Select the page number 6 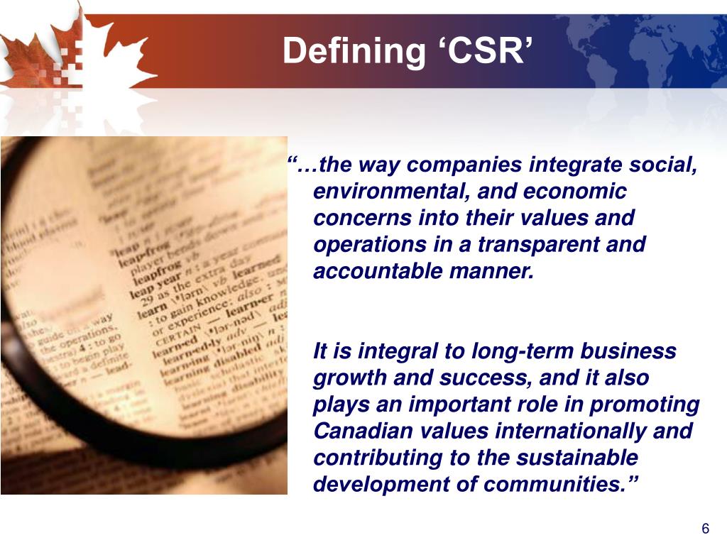(705, 529)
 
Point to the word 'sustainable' (577, 458)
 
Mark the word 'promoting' (645, 404)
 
